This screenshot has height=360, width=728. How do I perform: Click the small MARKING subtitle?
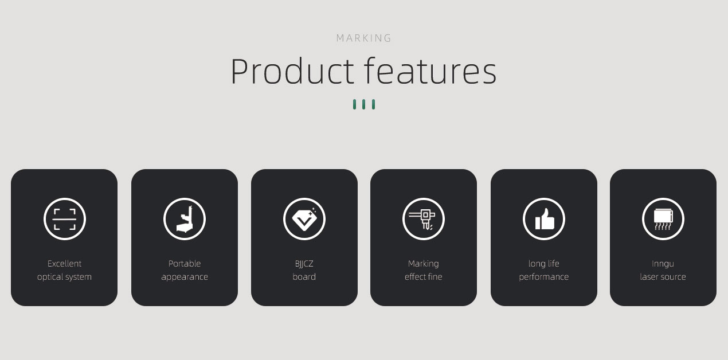pos(363,38)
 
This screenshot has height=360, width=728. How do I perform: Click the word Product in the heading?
pos(292,71)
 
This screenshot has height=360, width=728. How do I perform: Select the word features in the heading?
pos(430,71)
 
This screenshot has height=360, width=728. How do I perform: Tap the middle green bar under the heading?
pos(363,104)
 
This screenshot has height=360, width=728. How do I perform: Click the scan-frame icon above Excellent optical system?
pos(64,219)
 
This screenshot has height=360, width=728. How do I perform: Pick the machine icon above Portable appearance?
pos(184,219)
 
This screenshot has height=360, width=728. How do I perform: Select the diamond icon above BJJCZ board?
pos(304,219)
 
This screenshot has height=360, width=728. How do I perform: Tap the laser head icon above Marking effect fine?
pos(424,219)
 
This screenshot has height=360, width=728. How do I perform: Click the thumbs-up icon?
pos(544,219)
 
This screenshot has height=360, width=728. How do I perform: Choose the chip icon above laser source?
pos(663,219)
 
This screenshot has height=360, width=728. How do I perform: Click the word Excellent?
pos(64,264)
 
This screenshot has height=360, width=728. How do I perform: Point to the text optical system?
pos(64,277)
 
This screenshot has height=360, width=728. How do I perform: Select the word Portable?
pos(184,264)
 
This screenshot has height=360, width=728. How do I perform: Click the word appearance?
pos(184,277)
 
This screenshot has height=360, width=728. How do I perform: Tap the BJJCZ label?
pos(304,264)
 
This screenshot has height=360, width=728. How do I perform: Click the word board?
pos(304,277)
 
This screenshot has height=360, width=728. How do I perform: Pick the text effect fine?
pos(424,277)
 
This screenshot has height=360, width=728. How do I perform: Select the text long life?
pos(544,264)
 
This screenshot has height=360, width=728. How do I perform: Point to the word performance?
pos(544,277)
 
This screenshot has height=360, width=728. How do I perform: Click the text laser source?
pos(663,277)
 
